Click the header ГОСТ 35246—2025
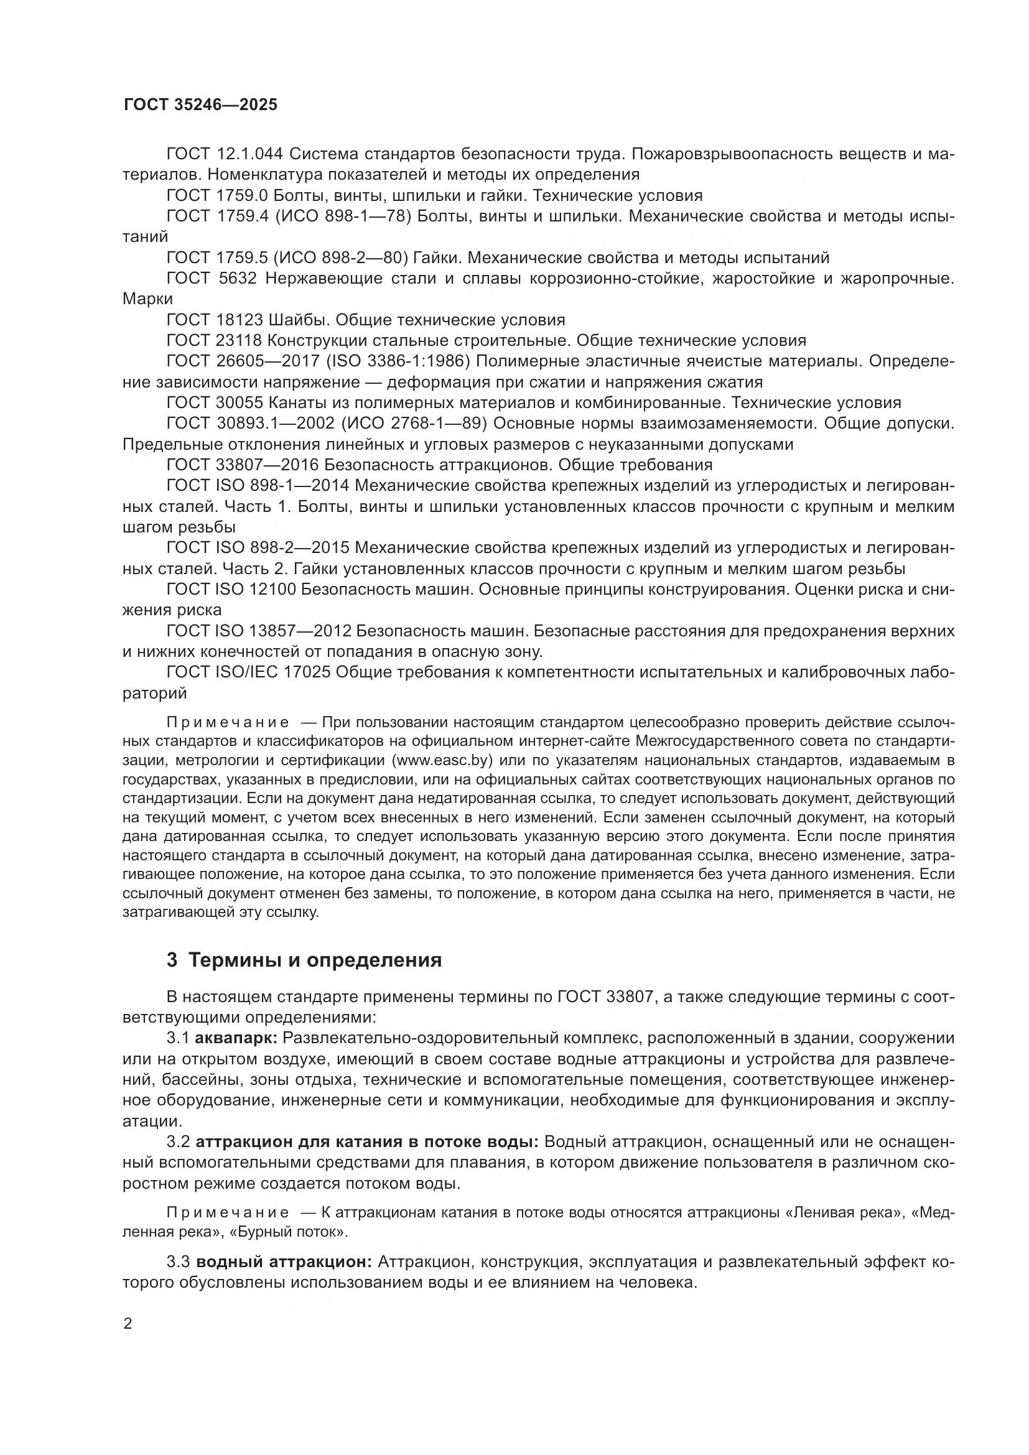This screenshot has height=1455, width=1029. click(x=200, y=105)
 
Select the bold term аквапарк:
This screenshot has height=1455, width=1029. click(x=237, y=1038)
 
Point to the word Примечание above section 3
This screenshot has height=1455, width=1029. click(x=228, y=723)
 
